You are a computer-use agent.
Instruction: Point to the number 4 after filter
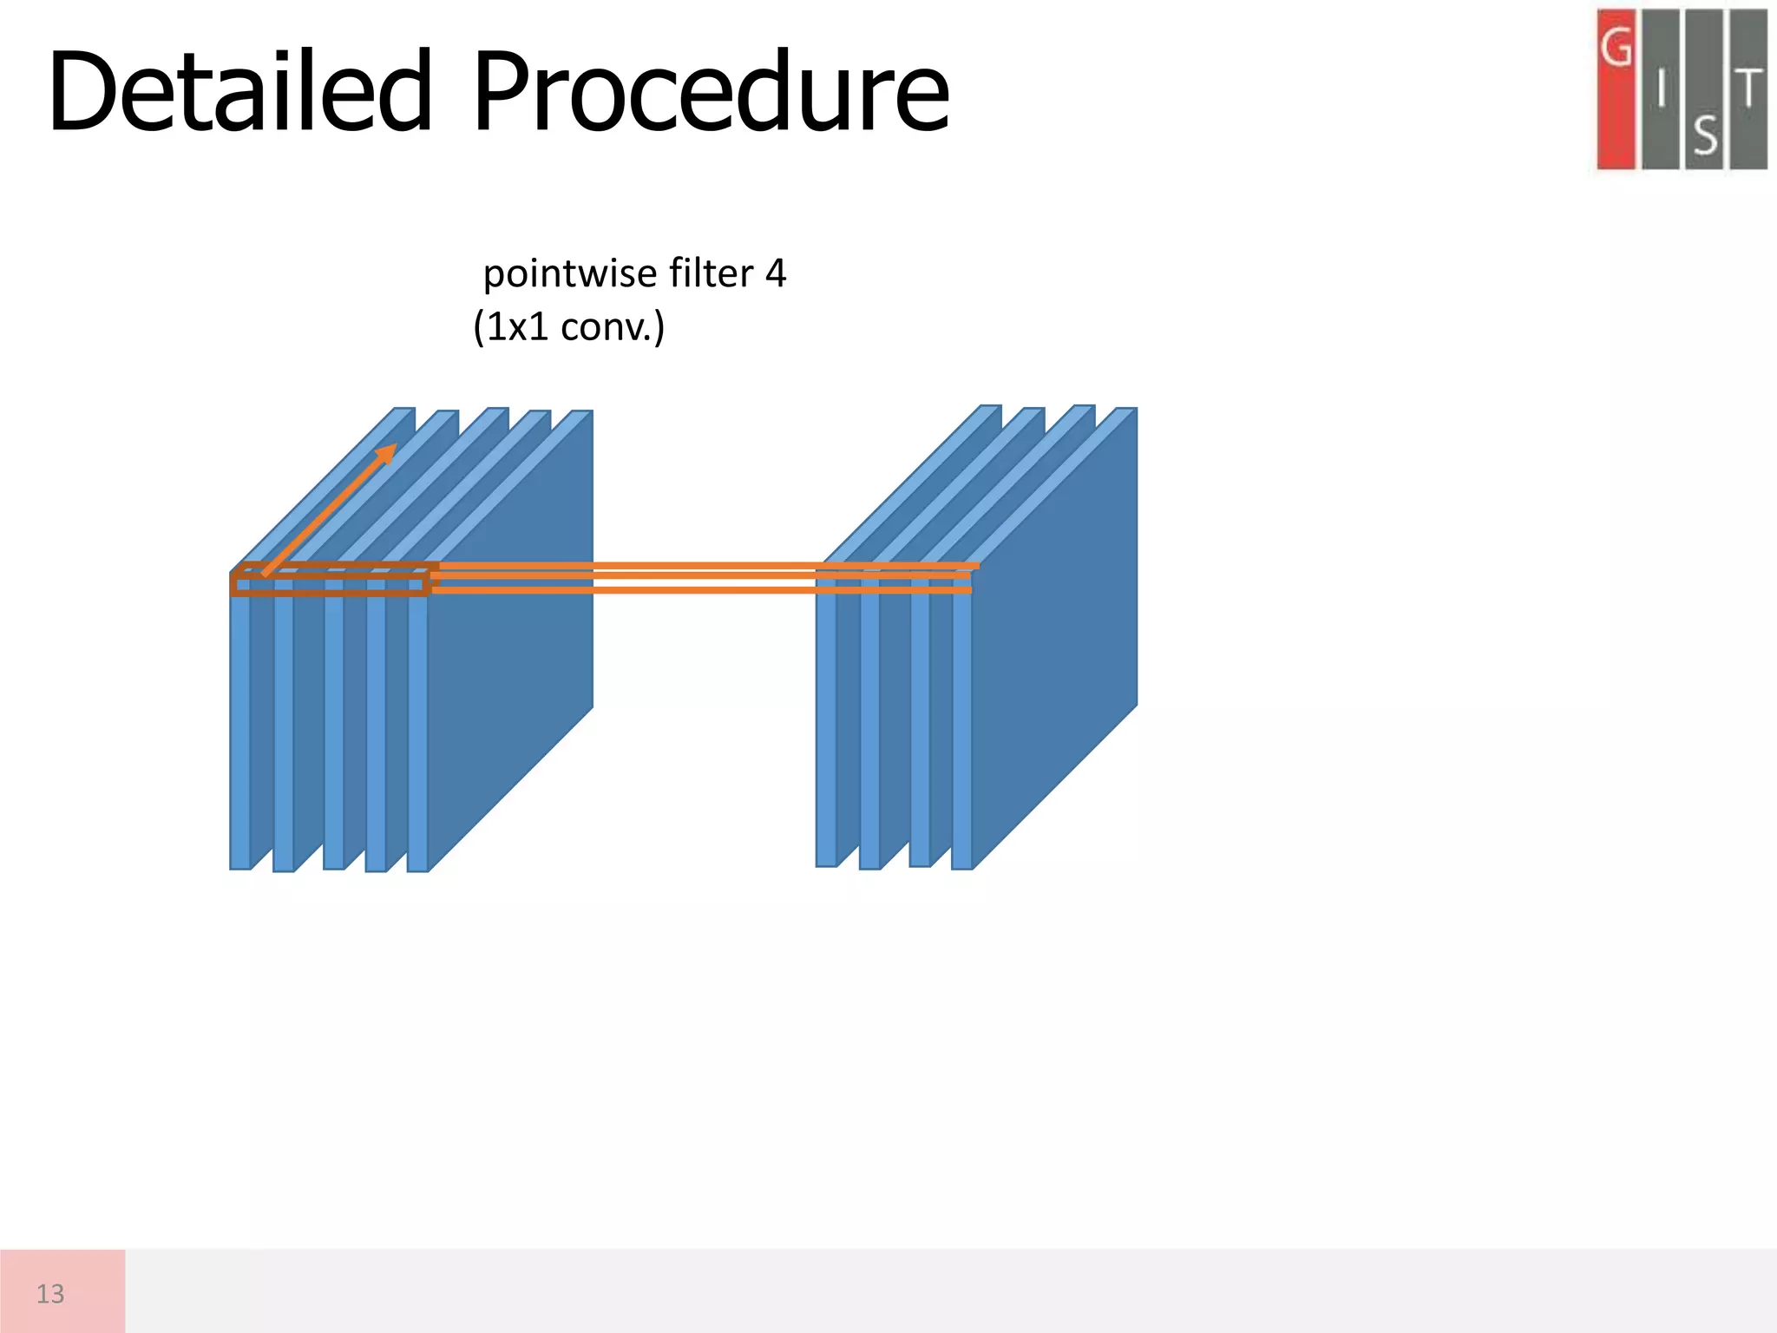775,273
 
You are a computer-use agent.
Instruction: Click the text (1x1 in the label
511,327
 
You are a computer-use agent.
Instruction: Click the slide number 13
50,1294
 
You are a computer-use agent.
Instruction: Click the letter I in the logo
1661,89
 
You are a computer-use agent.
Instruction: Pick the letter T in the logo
1749,89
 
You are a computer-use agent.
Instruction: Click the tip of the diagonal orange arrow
393,447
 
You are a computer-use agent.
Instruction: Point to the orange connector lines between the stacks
625,578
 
